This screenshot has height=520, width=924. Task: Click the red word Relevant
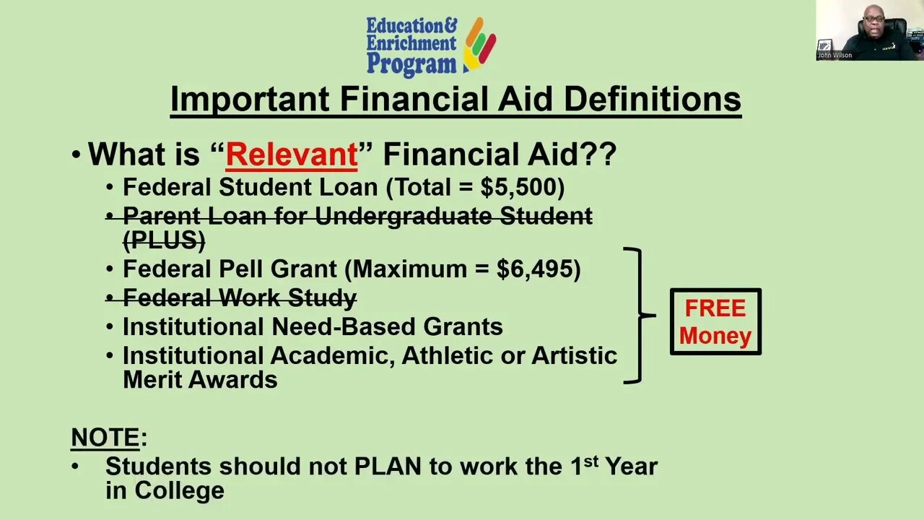291,155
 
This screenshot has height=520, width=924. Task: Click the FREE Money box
715,322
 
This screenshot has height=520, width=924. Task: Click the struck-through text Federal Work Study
239,298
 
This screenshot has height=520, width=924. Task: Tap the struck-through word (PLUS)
164,240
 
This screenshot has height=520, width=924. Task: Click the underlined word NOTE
105,438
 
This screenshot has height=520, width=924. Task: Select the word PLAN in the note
387,466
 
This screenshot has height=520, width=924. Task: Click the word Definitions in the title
652,99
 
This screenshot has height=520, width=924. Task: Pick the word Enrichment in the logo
411,43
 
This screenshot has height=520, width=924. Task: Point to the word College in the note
179,490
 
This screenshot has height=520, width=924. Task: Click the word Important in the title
250,99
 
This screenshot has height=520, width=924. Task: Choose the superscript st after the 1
590,461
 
